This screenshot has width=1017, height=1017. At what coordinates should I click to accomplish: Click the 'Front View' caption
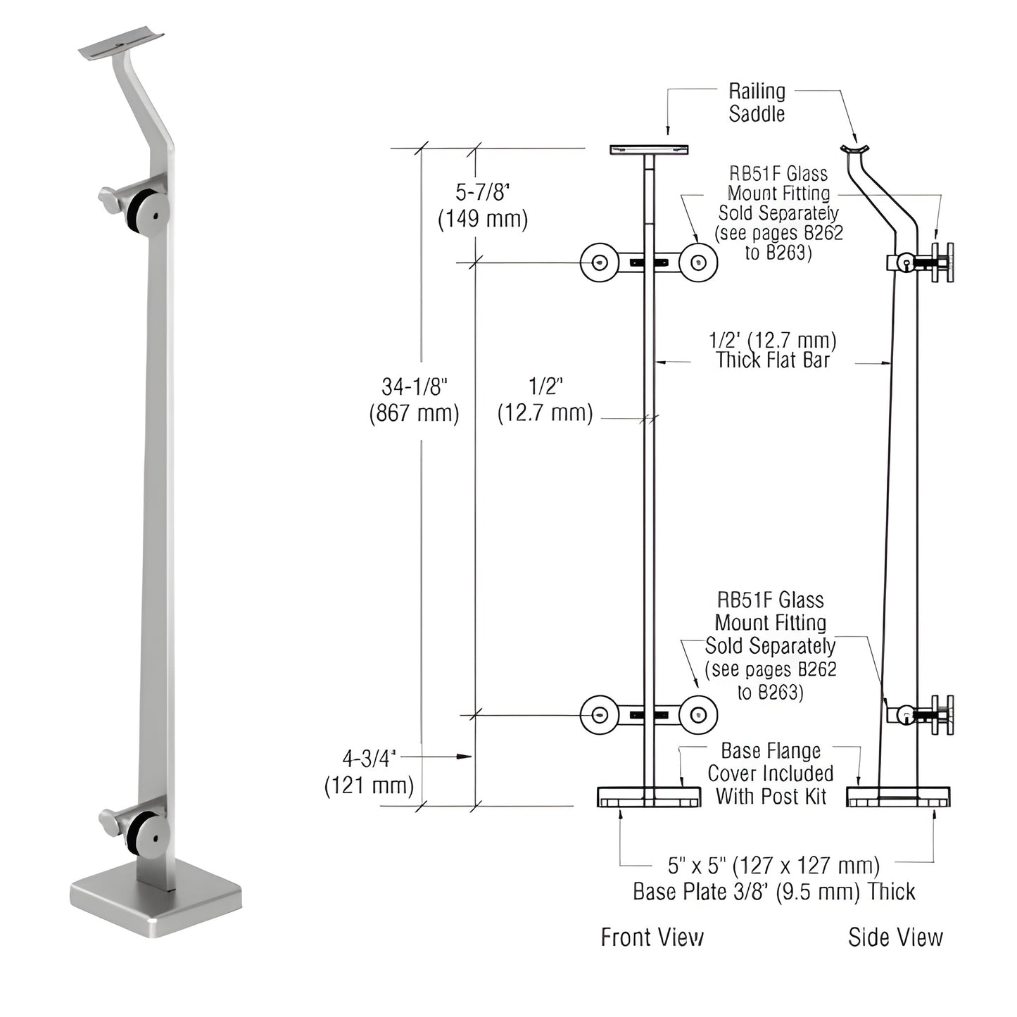pos(652,937)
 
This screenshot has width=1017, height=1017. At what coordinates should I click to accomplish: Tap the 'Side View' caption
pos(895,937)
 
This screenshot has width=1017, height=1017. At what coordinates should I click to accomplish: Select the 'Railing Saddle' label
pos(757,102)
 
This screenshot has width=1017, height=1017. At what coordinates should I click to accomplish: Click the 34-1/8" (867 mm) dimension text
pos(414,399)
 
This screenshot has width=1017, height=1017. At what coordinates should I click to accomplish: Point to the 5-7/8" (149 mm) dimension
pos(483,206)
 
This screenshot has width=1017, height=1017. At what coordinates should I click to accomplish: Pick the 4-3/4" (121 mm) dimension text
pos(369,771)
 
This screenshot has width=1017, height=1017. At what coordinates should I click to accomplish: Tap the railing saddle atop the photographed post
pos(121,45)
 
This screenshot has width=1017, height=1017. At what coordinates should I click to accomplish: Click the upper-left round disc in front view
pos(599,263)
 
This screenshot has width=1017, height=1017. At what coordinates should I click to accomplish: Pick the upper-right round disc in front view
pos(698,263)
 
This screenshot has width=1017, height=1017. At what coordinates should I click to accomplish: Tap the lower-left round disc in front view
pos(599,714)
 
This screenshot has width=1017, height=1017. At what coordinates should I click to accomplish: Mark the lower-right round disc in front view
pos(698,714)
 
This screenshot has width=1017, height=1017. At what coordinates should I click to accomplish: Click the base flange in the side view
pos(898,797)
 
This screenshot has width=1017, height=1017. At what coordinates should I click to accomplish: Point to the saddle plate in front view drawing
pos(649,149)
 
